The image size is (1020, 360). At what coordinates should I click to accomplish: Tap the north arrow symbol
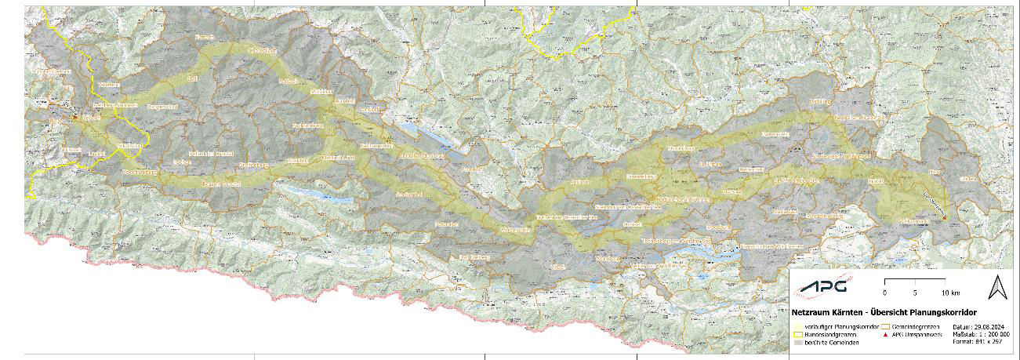[x=997, y=287]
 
